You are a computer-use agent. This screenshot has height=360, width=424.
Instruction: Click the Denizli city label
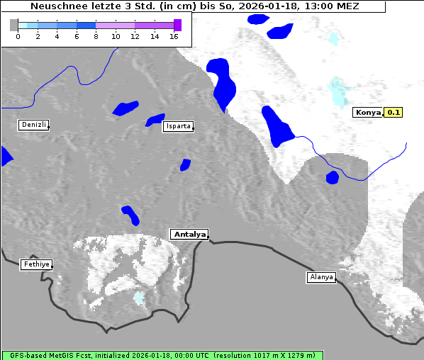pyautogui.click(x=33, y=125)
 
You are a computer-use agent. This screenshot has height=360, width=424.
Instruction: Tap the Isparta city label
pyautogui.click(x=177, y=126)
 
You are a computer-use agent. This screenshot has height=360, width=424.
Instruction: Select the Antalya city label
pyautogui.click(x=189, y=234)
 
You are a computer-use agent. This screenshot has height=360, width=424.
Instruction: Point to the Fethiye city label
pyautogui.click(x=35, y=264)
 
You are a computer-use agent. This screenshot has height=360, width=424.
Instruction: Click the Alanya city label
pyautogui.click(x=320, y=277)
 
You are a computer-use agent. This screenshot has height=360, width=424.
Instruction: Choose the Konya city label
pyautogui.click(x=367, y=112)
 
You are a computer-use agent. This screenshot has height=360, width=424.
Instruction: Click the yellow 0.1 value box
pyautogui.click(x=393, y=112)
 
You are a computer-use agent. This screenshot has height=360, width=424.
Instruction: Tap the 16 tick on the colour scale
pyautogui.click(x=174, y=36)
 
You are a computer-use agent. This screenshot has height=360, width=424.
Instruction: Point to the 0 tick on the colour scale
pyautogui.click(x=18, y=36)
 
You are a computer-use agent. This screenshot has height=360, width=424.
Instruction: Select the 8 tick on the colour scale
pyautogui.click(x=96, y=36)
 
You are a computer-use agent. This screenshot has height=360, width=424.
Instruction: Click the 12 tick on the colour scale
pyautogui.click(x=135, y=36)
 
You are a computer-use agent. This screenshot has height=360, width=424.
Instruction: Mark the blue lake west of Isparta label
pyautogui.click(x=125, y=108)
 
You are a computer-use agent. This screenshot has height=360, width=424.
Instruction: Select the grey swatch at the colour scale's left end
pyautogui.click(x=14, y=25)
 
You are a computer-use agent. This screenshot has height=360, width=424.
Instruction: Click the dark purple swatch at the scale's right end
pyautogui.click(x=177, y=25)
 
